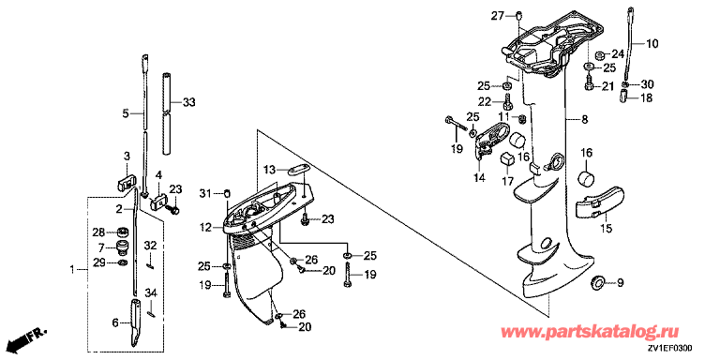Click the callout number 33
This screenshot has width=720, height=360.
click(188, 102)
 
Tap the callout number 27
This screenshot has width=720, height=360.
click(498, 17)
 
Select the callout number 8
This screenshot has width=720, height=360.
click(584, 120)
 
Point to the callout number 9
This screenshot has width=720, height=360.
click(620, 282)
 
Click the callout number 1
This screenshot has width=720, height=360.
click(71, 270)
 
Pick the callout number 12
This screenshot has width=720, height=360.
click(205, 227)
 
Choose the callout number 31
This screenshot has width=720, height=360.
click(206, 194)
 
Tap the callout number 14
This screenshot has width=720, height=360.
click(479, 178)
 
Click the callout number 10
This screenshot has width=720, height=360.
click(652, 44)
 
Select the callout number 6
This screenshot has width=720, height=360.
click(115, 323)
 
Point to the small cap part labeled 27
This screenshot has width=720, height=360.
click(517, 16)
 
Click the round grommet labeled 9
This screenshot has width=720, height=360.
click(597, 282)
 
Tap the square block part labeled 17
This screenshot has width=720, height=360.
click(507, 158)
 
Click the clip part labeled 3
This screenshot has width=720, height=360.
click(125, 183)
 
